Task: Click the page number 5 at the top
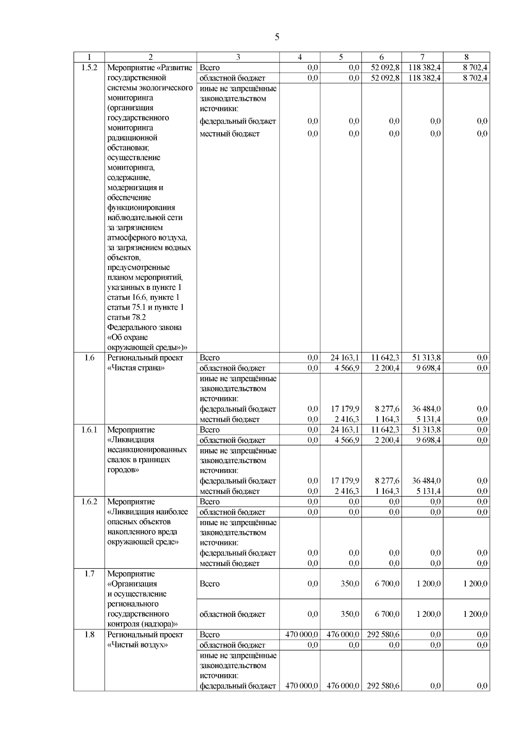pos(277,37)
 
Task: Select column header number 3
pos(238,57)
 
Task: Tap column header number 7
pos(422,57)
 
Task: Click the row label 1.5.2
pos(89,68)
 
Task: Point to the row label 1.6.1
pos(89,429)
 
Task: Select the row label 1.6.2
pos(89,501)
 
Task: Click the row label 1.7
pos(89,574)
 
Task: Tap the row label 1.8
pos(89,635)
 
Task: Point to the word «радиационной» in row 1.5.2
pos(132,138)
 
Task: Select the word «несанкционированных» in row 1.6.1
pos(147,450)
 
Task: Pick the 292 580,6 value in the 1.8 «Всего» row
pos(383,635)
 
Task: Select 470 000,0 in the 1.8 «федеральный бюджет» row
pos(302,686)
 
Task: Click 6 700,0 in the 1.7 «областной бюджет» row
pos(387,614)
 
